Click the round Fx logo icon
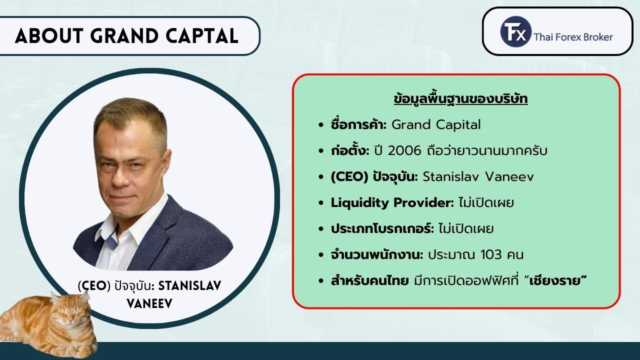(515, 31)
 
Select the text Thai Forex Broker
(573, 37)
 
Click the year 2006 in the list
(404, 151)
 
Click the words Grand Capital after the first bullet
(436, 125)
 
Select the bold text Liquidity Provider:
(392, 203)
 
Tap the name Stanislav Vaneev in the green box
(478, 177)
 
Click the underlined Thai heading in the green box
(460, 99)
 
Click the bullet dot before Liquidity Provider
(321, 203)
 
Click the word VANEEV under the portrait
(149, 304)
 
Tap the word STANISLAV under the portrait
(189, 285)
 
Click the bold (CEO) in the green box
(349, 177)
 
